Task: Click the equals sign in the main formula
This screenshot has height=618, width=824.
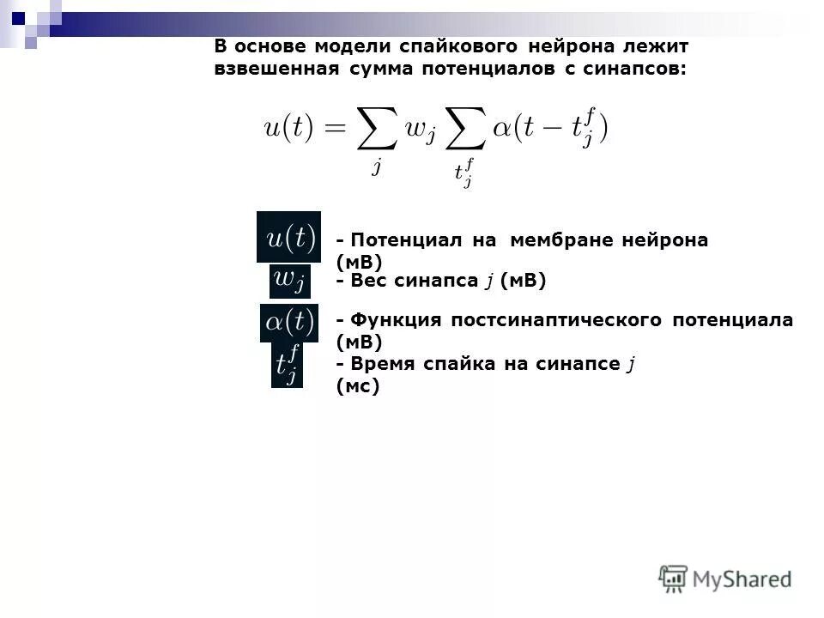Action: (x=333, y=130)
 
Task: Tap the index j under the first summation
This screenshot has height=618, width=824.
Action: (x=376, y=166)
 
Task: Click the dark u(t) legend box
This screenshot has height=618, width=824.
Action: (x=288, y=237)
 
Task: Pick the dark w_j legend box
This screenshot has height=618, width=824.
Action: (x=290, y=279)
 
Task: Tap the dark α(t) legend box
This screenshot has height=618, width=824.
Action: (x=288, y=323)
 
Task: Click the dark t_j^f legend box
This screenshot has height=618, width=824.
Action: (x=288, y=365)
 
